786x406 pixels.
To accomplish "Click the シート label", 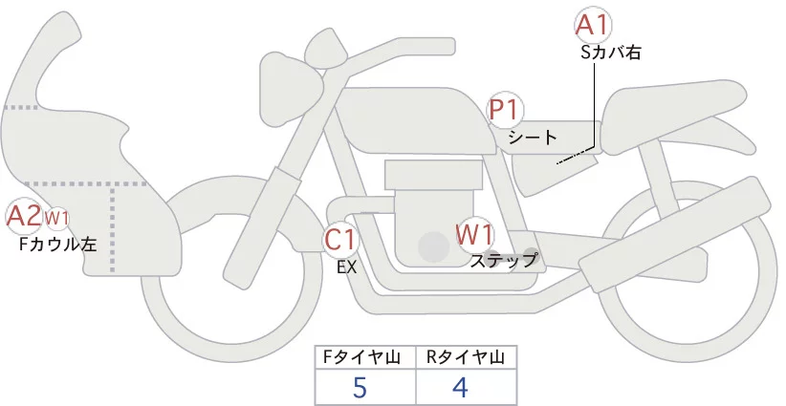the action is (533, 138).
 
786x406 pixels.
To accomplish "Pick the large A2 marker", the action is (23, 217).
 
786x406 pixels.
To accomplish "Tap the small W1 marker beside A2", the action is (57, 219).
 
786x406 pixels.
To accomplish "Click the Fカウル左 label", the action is (58, 245).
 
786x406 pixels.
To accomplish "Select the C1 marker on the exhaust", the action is (339, 239).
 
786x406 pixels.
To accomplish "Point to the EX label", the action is (346, 267).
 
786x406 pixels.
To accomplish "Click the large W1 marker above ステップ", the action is (474, 233).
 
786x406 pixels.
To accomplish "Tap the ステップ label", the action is (504, 259).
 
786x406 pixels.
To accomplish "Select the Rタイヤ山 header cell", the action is (467, 357).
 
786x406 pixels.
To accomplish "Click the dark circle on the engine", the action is (434, 248).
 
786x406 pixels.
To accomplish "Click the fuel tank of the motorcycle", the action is (421, 122).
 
